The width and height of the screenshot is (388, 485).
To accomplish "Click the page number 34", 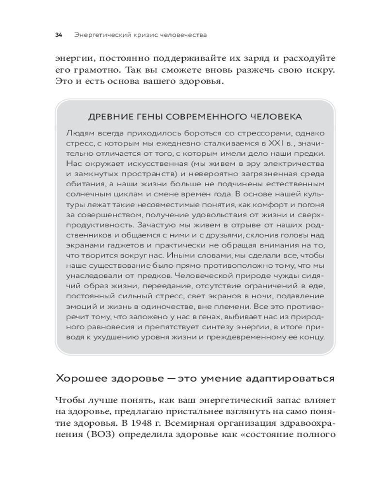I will tap(59, 35).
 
